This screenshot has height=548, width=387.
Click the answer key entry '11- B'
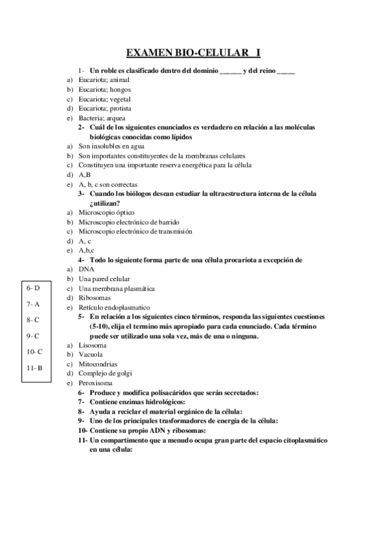click(x=35, y=368)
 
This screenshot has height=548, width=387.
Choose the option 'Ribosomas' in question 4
click(x=94, y=298)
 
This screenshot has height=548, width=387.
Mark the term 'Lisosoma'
click(x=93, y=346)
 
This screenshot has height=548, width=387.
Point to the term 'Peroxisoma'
click(x=96, y=383)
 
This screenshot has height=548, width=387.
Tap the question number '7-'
click(x=81, y=402)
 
